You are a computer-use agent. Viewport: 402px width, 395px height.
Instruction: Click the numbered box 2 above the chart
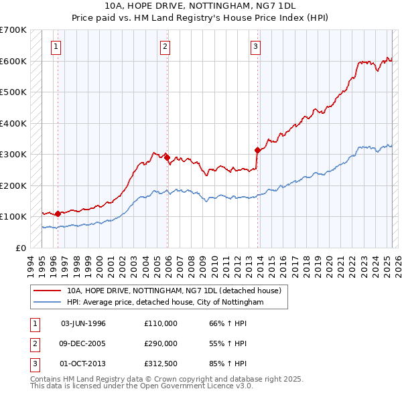(x=165, y=46)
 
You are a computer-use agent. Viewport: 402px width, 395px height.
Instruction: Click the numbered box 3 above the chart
(x=256, y=46)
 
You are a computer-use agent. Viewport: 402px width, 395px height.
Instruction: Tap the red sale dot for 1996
(x=58, y=214)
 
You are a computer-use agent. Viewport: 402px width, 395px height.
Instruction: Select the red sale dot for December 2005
(x=167, y=157)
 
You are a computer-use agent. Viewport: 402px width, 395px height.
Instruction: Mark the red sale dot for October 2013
(x=257, y=150)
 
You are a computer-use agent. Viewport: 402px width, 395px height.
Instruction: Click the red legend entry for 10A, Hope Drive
(x=178, y=291)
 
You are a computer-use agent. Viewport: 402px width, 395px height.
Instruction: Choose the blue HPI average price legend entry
(x=165, y=303)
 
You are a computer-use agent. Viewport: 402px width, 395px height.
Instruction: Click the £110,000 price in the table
(x=161, y=323)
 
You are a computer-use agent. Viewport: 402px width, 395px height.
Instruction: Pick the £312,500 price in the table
(x=161, y=364)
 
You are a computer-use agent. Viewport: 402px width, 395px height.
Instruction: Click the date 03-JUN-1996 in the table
(x=83, y=323)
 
